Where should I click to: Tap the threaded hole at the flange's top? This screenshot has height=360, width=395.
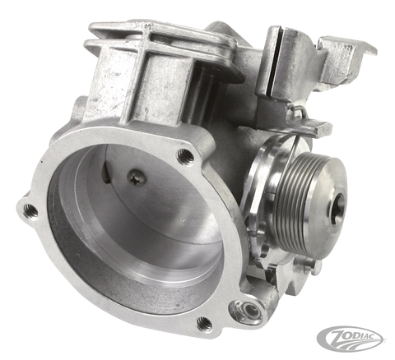tap(187, 154)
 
